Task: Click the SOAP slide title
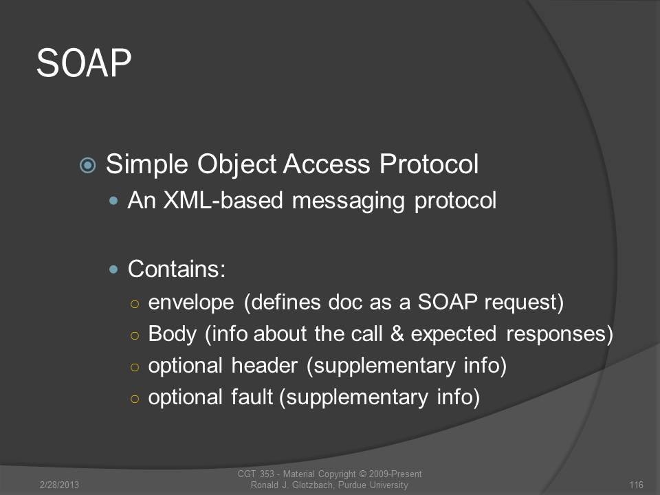pyautogui.click(x=84, y=63)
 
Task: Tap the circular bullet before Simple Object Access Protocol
pyautogui.click(x=87, y=165)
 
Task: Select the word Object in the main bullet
pyautogui.click(x=237, y=164)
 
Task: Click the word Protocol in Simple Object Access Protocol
pyautogui.click(x=429, y=164)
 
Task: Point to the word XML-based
pyautogui.click(x=223, y=200)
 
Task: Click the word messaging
pyautogui.click(x=349, y=201)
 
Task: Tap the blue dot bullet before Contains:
pyautogui.click(x=113, y=269)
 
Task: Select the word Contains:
pyautogui.click(x=177, y=269)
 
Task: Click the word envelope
pyautogui.click(x=191, y=302)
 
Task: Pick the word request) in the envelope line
pyautogui.click(x=524, y=302)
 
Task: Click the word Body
pyautogui.click(x=173, y=335)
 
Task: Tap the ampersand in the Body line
pyautogui.click(x=397, y=334)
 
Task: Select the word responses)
pyautogui.click(x=560, y=335)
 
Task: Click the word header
pyautogui.click(x=265, y=365)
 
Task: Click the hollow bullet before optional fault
pyautogui.click(x=135, y=398)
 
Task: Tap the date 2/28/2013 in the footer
pyautogui.click(x=59, y=485)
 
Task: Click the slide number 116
pyautogui.click(x=637, y=485)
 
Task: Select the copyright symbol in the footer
pyautogui.click(x=362, y=474)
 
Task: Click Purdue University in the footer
pyautogui.click(x=373, y=485)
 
